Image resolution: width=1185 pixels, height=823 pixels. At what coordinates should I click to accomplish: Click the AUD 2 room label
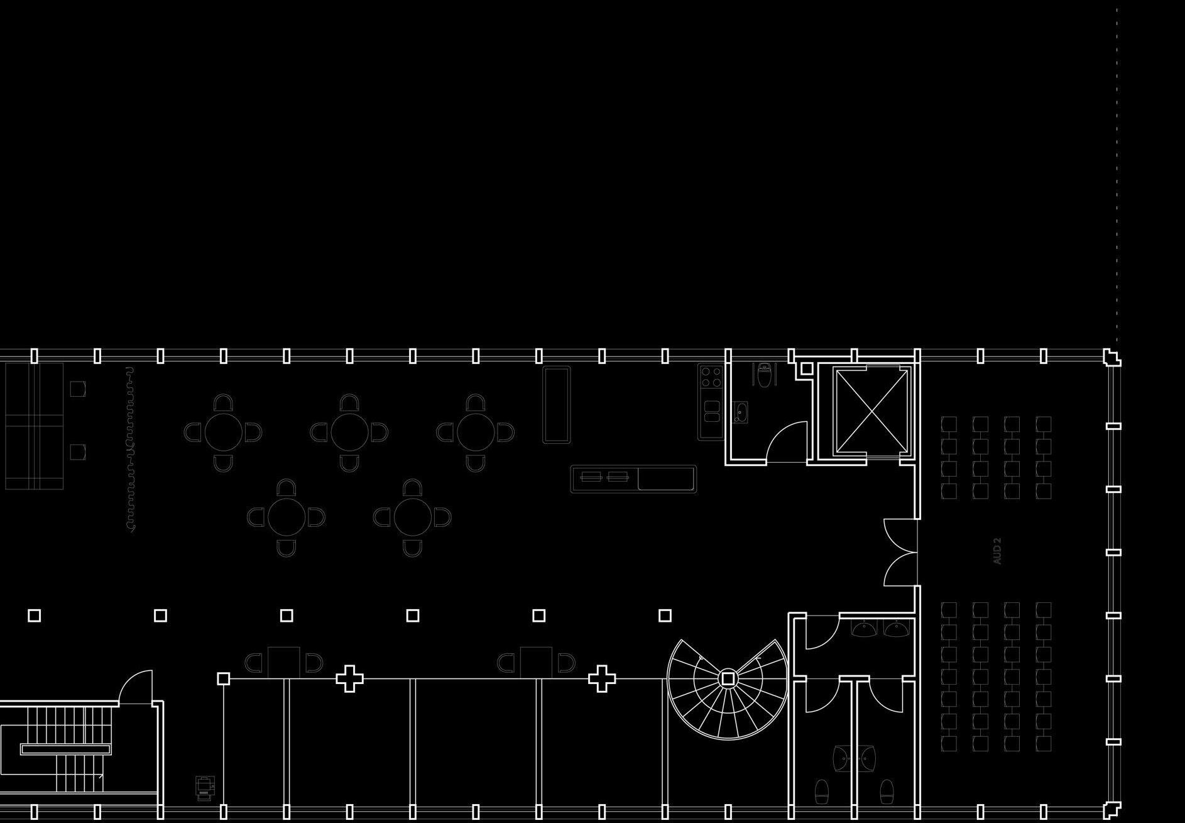(x=997, y=551)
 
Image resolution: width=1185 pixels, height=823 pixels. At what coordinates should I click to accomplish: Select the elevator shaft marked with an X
(x=871, y=410)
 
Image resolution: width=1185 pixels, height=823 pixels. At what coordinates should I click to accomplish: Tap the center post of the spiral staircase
(x=728, y=678)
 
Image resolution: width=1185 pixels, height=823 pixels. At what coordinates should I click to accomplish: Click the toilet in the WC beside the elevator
(x=764, y=375)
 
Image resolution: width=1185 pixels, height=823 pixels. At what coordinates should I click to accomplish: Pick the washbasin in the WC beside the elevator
(x=740, y=412)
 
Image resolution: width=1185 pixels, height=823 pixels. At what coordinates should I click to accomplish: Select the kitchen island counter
(x=633, y=478)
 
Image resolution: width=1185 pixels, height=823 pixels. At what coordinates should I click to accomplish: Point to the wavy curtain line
(x=130, y=450)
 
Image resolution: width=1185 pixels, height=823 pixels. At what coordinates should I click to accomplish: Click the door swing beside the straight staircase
(x=136, y=687)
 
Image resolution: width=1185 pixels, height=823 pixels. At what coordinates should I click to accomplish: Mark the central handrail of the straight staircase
(x=67, y=749)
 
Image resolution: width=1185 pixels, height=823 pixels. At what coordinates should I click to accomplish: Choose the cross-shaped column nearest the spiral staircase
(x=601, y=678)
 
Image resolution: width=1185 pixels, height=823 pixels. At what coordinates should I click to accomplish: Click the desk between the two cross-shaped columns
(x=536, y=662)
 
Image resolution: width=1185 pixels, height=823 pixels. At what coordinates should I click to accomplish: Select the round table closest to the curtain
(x=223, y=432)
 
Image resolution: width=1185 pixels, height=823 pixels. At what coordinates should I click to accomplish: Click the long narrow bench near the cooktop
(x=556, y=404)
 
